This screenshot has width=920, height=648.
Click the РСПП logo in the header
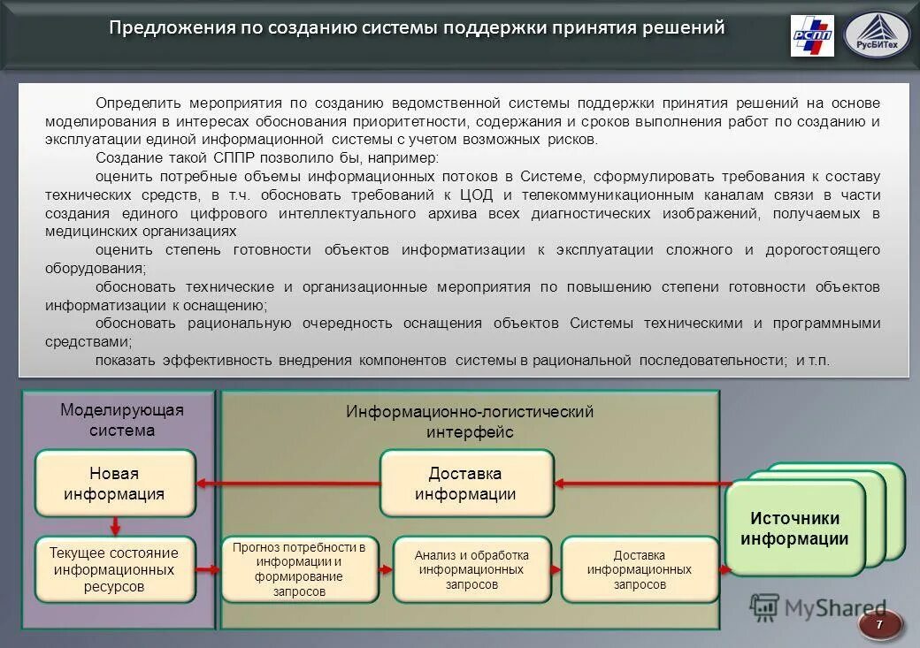tap(811, 35)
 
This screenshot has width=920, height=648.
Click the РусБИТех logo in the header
tap(877, 35)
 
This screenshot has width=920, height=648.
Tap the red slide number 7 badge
tap(879, 625)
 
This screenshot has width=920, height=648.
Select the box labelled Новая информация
tap(114, 484)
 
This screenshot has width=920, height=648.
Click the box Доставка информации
tap(466, 484)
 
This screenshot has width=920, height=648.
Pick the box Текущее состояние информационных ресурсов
tap(114, 569)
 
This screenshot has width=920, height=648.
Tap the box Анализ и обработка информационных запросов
tap(471, 569)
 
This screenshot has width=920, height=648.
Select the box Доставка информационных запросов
tap(639, 569)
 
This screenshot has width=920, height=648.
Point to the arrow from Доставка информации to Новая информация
tap(287, 484)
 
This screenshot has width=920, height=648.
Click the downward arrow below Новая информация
tap(115, 526)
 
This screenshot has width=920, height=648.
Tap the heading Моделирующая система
tap(121, 420)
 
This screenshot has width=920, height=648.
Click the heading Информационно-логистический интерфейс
tap(470, 422)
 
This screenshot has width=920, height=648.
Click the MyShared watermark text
tap(834, 607)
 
